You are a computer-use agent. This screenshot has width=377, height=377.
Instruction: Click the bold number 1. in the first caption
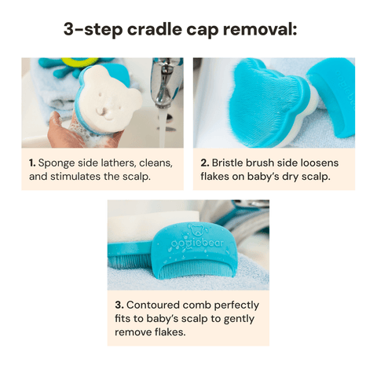point(32,163)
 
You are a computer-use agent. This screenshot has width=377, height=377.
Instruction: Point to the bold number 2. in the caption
point(204,163)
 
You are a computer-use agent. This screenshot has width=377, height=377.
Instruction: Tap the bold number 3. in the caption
point(119,305)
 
